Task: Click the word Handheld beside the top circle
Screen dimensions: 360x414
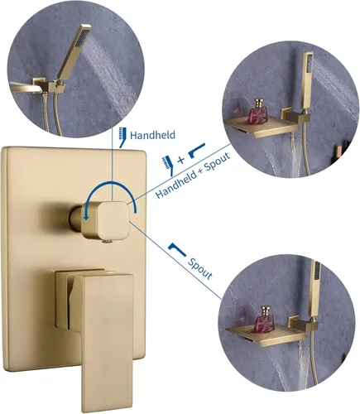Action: [152, 135]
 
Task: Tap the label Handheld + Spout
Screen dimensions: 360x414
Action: [193, 176]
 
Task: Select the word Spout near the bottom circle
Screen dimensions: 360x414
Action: [200, 268]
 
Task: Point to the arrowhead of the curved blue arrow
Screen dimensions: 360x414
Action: [87, 217]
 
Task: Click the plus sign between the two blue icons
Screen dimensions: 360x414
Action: [181, 160]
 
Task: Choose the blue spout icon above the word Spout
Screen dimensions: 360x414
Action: [176, 249]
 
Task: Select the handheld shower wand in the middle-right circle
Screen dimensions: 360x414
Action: [307, 82]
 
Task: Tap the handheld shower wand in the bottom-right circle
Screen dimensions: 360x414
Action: [314, 289]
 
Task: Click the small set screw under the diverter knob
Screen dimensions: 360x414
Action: [107, 242]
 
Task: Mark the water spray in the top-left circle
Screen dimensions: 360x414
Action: [113, 73]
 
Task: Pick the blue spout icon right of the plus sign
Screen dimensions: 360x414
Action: [197, 150]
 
